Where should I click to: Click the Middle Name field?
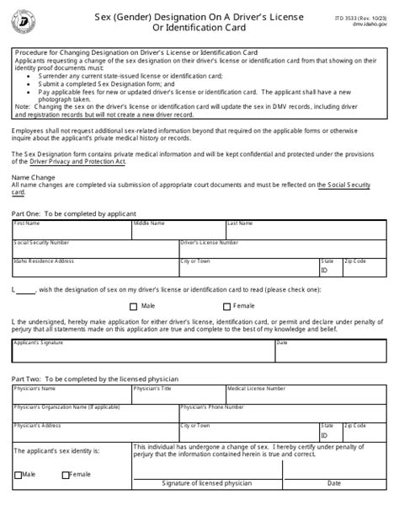(177, 230)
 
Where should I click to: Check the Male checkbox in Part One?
(134, 307)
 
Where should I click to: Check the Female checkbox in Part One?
(227, 307)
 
